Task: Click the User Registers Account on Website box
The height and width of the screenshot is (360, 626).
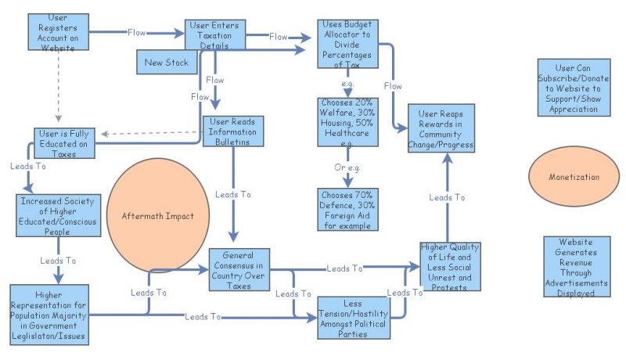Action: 57,33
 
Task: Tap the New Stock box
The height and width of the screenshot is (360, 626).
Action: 166,63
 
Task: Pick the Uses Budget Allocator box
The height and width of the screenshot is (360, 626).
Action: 348,44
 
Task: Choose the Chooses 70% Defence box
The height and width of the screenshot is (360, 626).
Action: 348,209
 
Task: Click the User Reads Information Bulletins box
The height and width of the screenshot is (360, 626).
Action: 233,131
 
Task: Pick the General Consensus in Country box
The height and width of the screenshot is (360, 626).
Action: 238,269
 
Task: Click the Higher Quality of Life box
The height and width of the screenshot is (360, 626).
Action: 449,267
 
